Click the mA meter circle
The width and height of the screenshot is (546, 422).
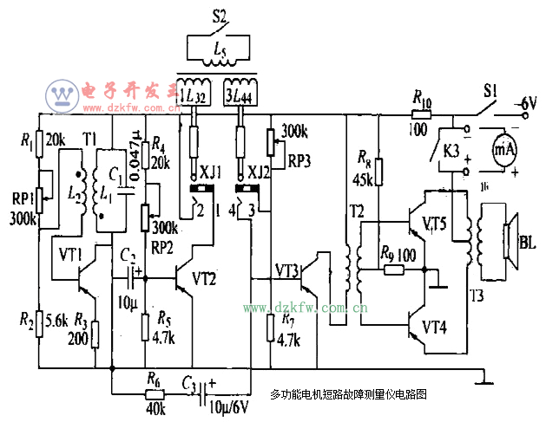pyautogui.click(x=505, y=149)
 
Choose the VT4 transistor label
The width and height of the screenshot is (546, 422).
pyautogui.click(x=433, y=328)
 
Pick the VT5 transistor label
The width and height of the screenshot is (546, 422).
pyautogui.click(x=434, y=224)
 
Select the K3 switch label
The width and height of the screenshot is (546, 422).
pyautogui.click(x=451, y=149)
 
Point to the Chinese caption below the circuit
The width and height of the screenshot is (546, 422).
pyautogui.click(x=349, y=393)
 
